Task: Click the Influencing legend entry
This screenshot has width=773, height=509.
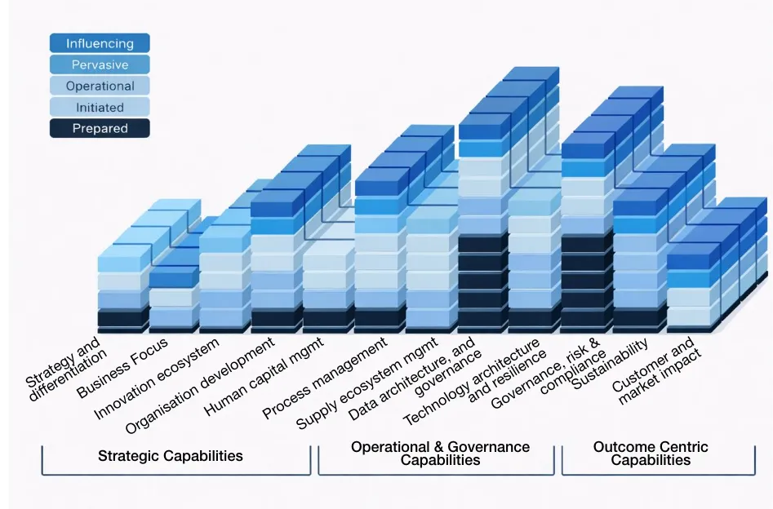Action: [100, 43]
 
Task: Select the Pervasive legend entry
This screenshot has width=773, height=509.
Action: [100, 64]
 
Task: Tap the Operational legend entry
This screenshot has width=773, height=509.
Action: [100, 86]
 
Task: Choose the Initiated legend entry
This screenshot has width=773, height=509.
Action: [100, 107]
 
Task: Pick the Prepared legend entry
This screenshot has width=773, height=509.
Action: [100, 128]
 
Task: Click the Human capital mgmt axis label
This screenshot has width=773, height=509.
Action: [265, 375]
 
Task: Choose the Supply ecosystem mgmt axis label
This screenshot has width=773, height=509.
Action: [367, 383]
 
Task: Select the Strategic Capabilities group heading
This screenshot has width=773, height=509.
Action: [170, 455]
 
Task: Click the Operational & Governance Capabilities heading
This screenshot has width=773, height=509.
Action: [440, 453]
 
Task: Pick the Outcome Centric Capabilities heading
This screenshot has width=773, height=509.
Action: [651, 453]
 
